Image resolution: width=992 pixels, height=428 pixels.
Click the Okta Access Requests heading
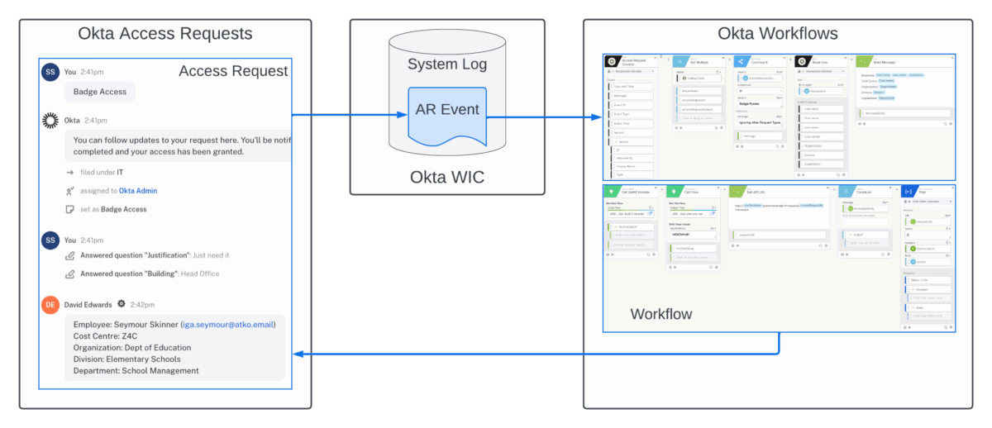(165, 34)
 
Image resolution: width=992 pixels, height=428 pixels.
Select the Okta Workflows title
(777, 34)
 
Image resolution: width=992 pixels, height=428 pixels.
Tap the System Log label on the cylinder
(447, 64)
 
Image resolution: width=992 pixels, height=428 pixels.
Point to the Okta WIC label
(447, 177)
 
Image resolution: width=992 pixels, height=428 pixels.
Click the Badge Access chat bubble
(100, 92)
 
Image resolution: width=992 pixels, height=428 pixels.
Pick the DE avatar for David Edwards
(51, 304)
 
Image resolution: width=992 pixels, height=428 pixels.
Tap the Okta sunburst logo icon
(51, 121)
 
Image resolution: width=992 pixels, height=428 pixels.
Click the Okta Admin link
(138, 191)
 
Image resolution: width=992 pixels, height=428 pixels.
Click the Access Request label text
(233, 72)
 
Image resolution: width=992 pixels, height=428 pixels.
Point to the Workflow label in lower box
(661, 314)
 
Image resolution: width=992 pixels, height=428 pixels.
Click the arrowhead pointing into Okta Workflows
(598, 117)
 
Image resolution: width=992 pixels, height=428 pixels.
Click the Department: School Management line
(136, 371)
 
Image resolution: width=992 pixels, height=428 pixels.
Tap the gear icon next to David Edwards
(122, 304)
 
